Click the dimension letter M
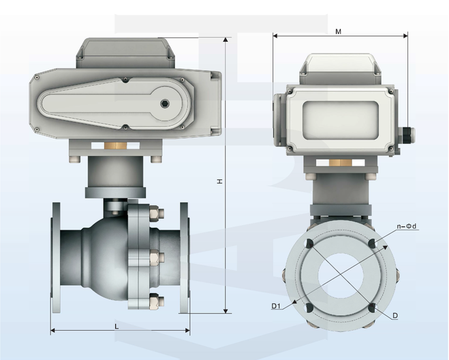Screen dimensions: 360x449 click(x=339, y=31)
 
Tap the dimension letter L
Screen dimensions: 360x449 click(x=117, y=326)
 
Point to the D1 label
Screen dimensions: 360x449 click(x=277, y=305)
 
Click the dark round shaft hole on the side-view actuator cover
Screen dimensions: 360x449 click(x=164, y=104)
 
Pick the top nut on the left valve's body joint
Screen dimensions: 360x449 click(x=154, y=213)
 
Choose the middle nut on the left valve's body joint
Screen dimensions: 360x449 click(x=155, y=257)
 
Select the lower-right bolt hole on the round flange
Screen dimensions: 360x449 click(x=372, y=308)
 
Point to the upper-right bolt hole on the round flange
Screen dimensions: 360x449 click(x=372, y=244)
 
